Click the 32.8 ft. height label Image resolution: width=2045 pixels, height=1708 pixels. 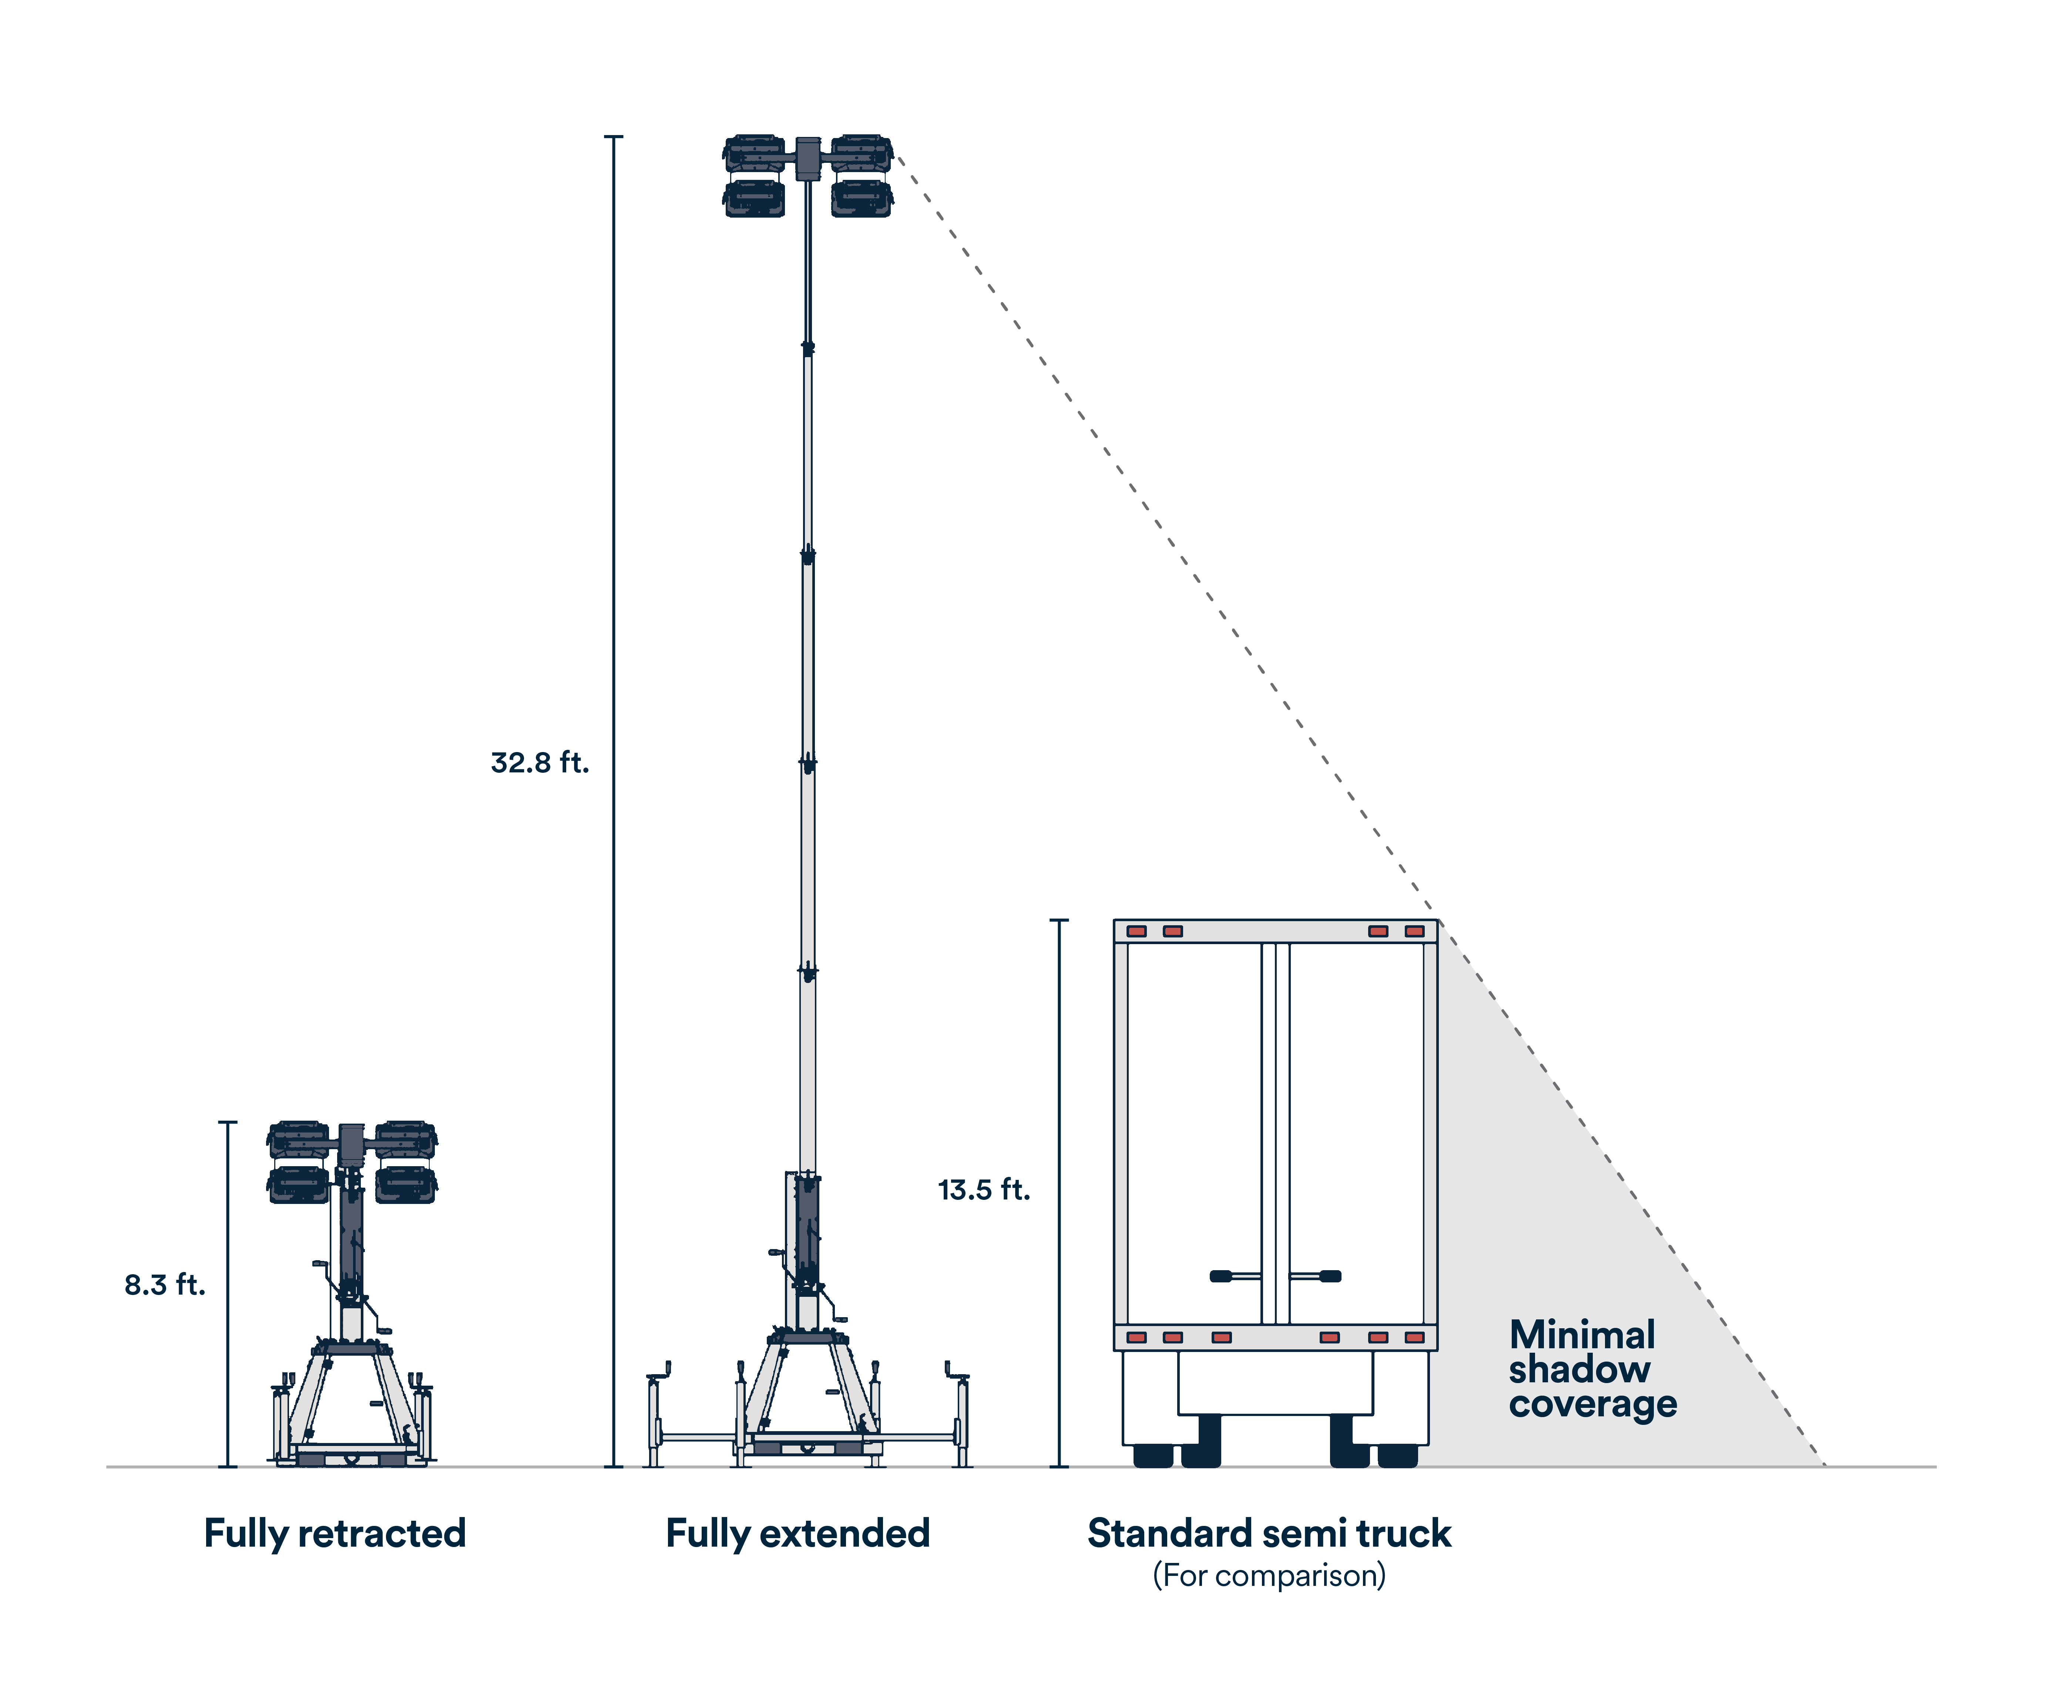(x=540, y=762)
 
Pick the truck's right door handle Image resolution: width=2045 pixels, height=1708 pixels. (x=1317, y=1276)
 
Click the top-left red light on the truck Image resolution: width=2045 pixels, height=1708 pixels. (x=1136, y=931)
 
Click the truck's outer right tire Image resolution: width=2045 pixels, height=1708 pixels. (x=1397, y=1455)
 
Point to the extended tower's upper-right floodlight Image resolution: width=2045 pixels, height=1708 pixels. (x=861, y=154)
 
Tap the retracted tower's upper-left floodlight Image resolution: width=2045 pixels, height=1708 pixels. (x=299, y=1139)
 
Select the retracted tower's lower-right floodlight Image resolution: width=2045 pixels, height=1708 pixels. (x=406, y=1184)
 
